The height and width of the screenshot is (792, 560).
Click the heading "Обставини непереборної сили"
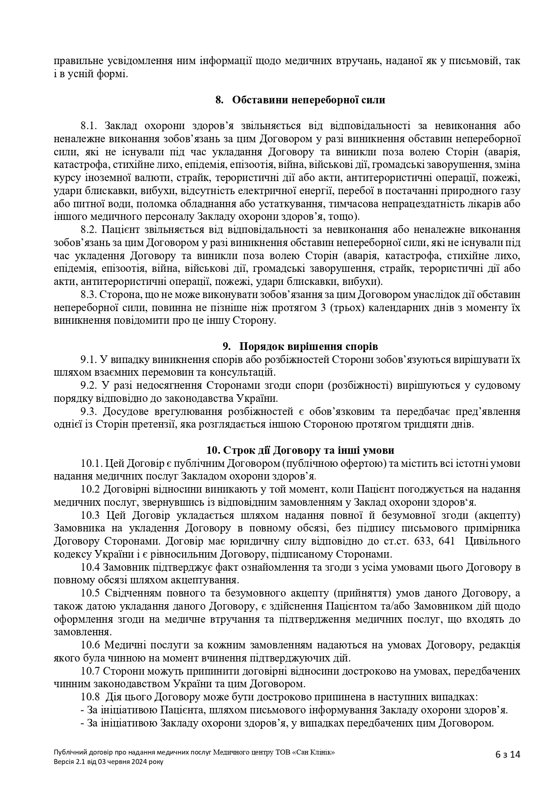pyautogui.click(x=308, y=100)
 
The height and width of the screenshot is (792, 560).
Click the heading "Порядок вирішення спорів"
pyautogui.click(x=308, y=346)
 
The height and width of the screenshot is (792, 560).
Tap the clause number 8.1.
pyautogui.click(x=90, y=126)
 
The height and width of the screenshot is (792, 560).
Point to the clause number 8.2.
pyautogui.click(x=90, y=230)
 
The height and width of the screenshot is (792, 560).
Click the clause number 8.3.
pyautogui.click(x=90, y=295)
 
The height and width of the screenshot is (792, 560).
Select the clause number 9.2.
pyautogui.click(x=89, y=386)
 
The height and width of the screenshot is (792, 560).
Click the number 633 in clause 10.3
pyautogui.click(x=423, y=541)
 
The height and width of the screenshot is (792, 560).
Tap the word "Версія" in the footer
pyautogui.click(x=63, y=762)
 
